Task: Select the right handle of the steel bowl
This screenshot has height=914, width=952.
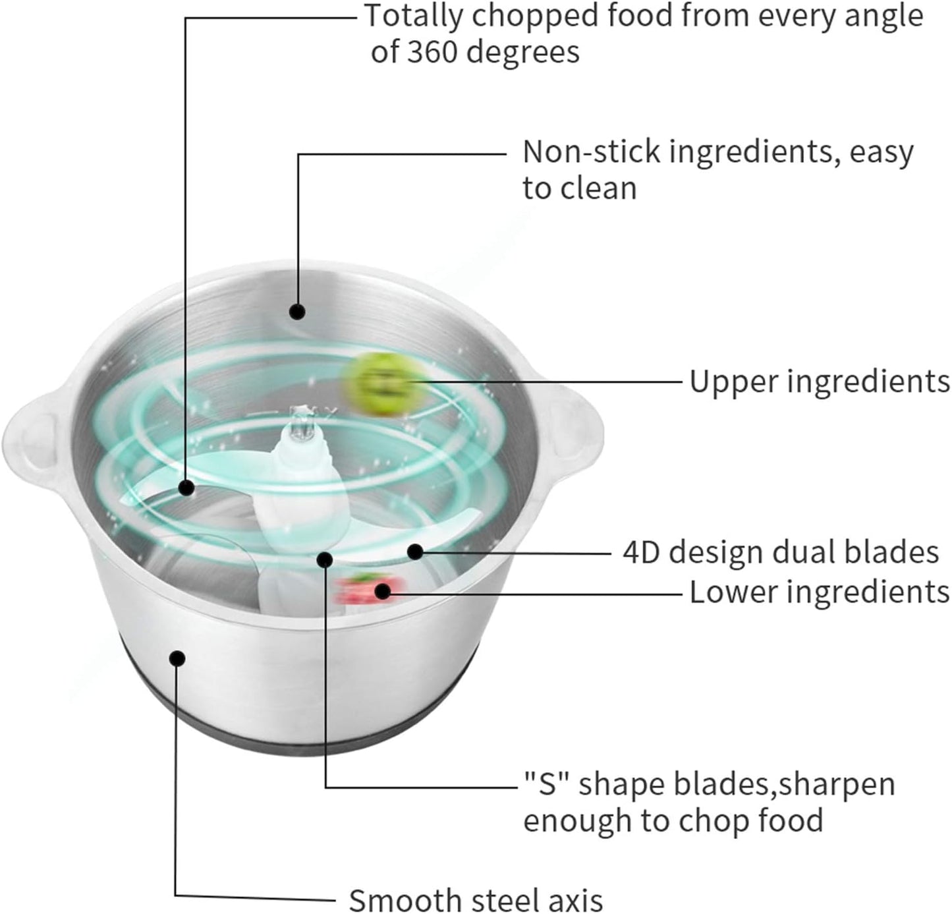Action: click(x=573, y=432)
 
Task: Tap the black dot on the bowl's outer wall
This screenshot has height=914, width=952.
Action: click(x=177, y=658)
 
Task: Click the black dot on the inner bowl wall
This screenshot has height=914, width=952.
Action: click(x=297, y=311)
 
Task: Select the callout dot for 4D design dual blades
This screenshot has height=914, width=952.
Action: click(x=415, y=551)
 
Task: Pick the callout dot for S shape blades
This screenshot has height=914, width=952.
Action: click(x=324, y=559)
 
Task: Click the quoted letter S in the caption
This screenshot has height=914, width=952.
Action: click(x=547, y=785)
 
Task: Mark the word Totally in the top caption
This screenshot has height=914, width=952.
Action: click(x=414, y=16)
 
